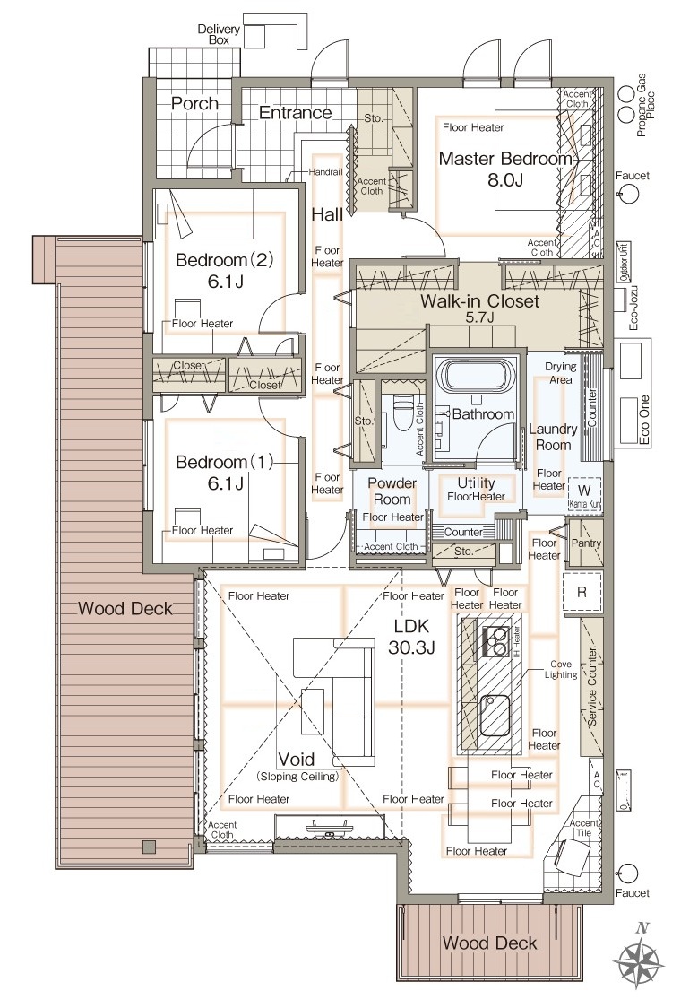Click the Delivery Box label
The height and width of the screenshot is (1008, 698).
coord(219,34)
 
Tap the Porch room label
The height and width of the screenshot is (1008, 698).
coord(194,103)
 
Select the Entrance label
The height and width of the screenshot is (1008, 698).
coord(296,113)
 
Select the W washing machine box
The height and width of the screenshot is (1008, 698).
coord(584,491)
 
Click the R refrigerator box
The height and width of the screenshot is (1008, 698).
coord(582,591)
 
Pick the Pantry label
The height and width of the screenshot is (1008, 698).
coord(586,543)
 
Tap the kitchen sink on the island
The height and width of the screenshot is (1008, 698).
coord(495,716)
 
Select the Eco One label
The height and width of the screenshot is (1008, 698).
coord(643,421)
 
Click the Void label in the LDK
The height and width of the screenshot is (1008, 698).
coord(296,760)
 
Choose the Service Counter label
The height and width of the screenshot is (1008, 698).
coord(591,687)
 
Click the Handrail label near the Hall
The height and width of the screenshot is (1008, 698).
coord(325,172)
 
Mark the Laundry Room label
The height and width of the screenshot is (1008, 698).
coord(553,437)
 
